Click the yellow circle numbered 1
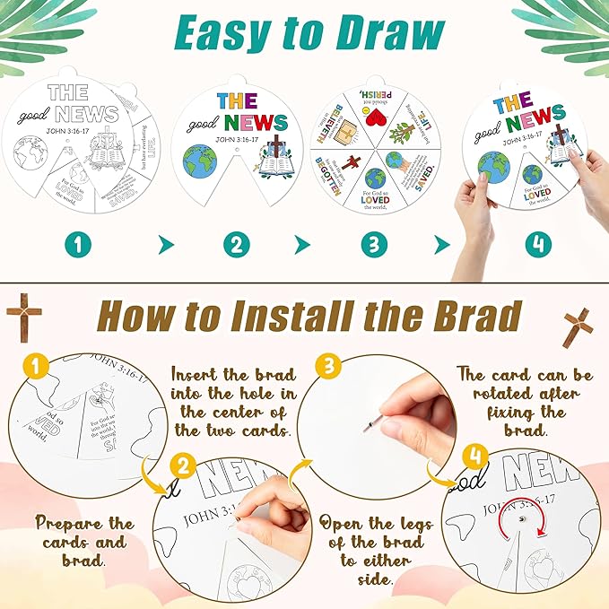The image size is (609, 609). click(33, 366)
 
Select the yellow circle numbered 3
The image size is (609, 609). click(327, 366)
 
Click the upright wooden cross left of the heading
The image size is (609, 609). click(23, 316)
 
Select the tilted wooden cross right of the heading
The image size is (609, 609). click(578, 326)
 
